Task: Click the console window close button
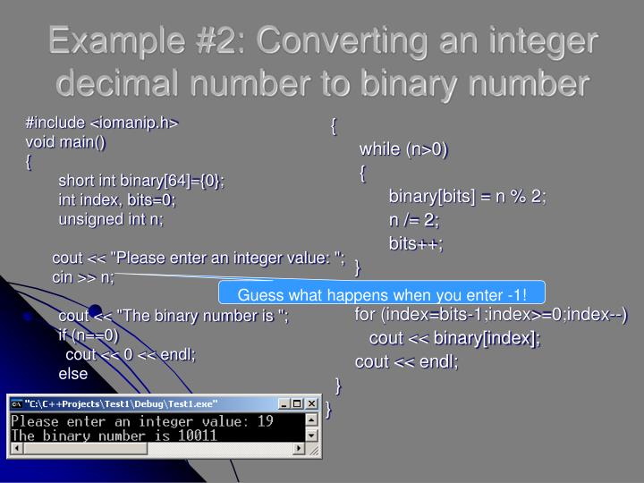click(x=311, y=403)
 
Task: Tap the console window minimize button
click(x=284, y=403)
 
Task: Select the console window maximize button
click(x=298, y=403)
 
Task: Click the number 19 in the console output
click(x=264, y=420)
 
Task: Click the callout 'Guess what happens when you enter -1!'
click(x=382, y=294)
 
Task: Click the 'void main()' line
click(x=64, y=141)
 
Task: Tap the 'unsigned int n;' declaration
click(x=112, y=218)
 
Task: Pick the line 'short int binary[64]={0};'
click(x=140, y=181)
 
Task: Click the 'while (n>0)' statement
click(x=403, y=148)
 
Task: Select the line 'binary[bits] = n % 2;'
click(x=467, y=197)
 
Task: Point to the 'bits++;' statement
click(x=415, y=243)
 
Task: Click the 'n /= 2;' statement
click(x=413, y=220)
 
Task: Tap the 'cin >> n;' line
click(x=83, y=277)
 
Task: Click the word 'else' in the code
click(x=73, y=373)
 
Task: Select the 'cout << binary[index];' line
click(x=454, y=338)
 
